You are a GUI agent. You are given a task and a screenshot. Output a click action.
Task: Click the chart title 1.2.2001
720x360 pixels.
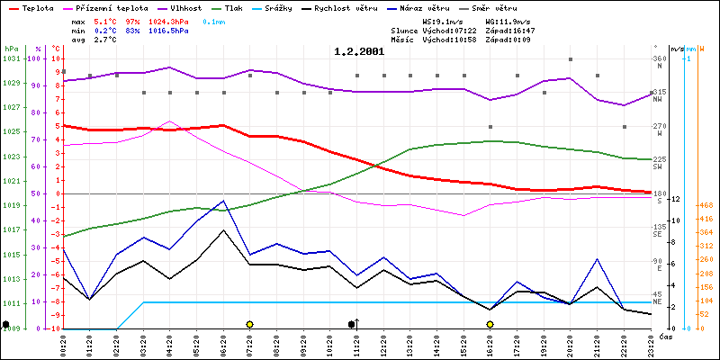[359, 51]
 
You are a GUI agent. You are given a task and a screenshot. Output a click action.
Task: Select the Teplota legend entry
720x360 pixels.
[37, 6]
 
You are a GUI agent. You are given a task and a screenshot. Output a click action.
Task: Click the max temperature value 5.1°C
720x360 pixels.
[105, 20]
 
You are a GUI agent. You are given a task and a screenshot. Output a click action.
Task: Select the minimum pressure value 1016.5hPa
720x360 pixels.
[168, 30]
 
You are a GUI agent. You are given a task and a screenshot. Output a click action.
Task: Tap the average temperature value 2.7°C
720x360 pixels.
[105, 40]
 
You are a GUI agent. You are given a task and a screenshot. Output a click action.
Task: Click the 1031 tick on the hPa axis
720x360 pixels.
[11, 58]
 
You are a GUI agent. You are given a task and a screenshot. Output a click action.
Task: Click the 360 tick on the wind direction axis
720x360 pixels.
[659, 58]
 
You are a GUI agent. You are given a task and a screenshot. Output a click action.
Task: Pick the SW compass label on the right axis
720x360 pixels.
[658, 167]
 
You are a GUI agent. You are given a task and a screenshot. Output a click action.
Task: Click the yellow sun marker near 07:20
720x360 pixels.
[249, 324]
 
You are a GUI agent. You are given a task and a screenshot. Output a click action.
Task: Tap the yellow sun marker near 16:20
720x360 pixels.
[490, 324]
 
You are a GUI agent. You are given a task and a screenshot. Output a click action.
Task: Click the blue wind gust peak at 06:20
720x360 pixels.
[223, 201]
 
